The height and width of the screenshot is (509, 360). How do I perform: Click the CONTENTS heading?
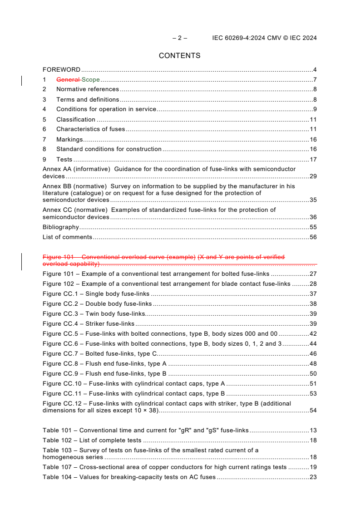(179, 56)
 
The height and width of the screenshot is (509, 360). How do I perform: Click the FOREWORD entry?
(61, 70)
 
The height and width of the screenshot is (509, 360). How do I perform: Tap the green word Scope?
(91, 80)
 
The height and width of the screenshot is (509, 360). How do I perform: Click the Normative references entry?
(87, 89)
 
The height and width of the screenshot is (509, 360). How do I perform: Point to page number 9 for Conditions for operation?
(315, 109)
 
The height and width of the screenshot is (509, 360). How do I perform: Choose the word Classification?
(75, 120)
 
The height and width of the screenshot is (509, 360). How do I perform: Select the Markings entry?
(69, 140)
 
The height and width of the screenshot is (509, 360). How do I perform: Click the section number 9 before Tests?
(44, 160)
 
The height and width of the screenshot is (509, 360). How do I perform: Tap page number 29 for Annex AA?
(313, 176)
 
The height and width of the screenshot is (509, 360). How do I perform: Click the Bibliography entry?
(60, 227)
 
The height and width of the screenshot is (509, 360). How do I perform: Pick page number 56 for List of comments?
(313, 237)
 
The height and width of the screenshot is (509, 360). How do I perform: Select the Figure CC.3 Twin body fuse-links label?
(94, 314)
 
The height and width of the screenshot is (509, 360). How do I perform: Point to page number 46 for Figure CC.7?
(313, 354)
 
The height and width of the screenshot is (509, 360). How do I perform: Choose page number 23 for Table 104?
(313, 477)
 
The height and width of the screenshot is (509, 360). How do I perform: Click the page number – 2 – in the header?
(180, 38)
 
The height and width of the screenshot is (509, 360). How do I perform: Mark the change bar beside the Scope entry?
(22, 81)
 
